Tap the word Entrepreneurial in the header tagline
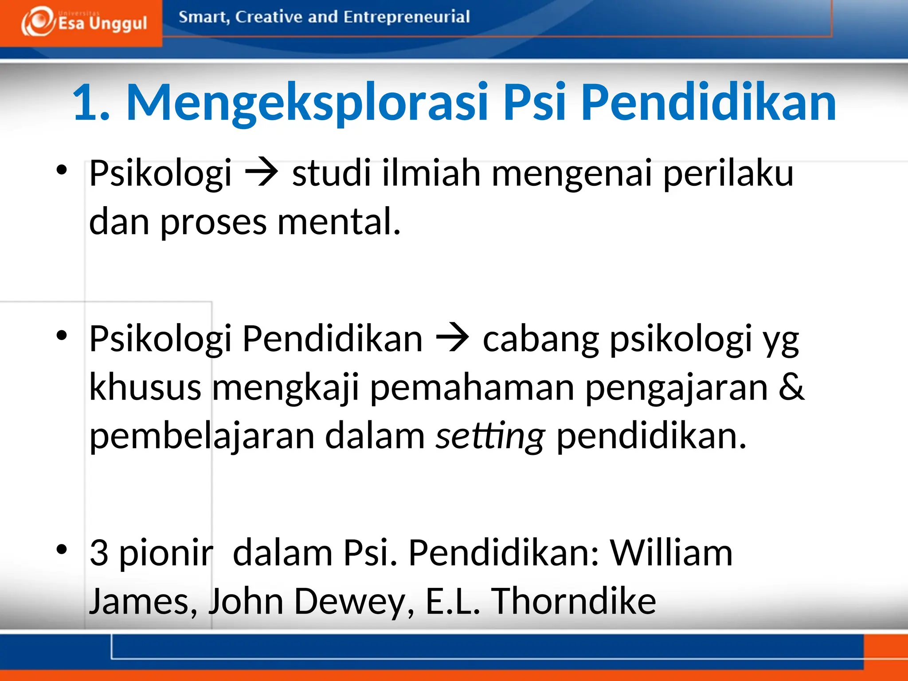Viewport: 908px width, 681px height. (406, 17)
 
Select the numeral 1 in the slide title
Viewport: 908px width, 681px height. (85, 103)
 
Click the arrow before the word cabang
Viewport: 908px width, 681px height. (452, 339)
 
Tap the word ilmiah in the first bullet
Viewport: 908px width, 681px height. (431, 173)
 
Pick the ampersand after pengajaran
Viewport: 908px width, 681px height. (791, 387)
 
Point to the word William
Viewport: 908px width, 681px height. (671, 553)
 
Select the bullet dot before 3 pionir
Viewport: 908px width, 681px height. (62, 549)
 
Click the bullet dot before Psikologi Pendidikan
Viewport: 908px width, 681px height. (62, 335)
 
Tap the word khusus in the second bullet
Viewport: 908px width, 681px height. (145, 387)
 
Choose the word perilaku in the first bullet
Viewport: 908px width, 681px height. (728, 173)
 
